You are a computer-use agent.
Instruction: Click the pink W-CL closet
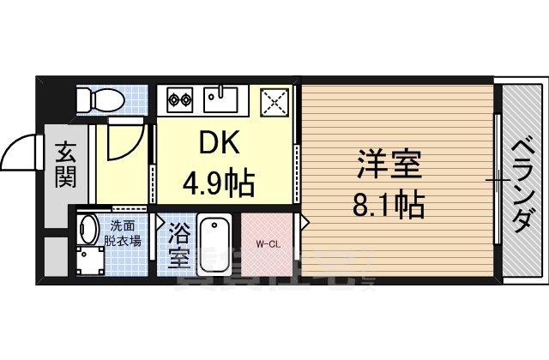point(268,244)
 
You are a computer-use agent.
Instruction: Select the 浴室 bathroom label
point(179,244)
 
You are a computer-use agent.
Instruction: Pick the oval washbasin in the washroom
point(87,229)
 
